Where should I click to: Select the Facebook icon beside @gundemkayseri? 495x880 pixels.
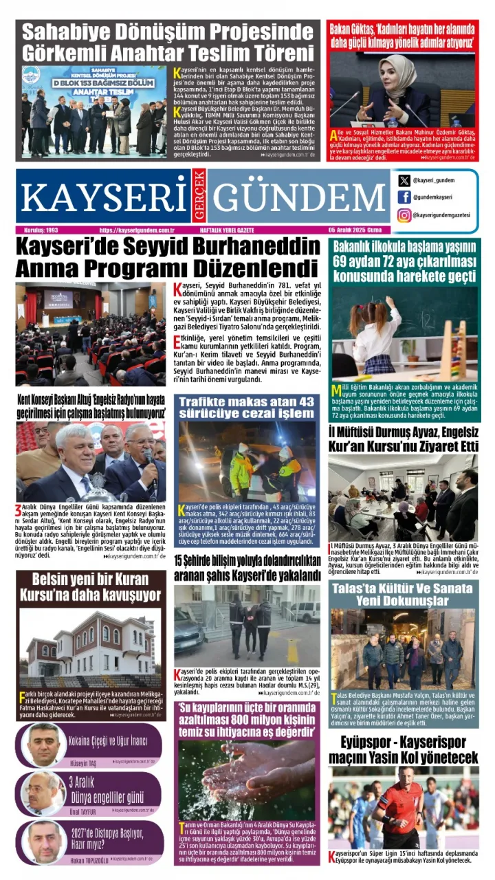[x=404, y=197]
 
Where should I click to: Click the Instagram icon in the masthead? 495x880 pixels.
[x=404, y=215]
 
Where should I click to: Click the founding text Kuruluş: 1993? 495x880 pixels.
[x=39, y=230]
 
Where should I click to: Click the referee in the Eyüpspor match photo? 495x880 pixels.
[x=401, y=808]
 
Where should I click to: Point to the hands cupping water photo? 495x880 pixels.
[x=247, y=780]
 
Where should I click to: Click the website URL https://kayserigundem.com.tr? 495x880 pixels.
[x=137, y=230]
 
